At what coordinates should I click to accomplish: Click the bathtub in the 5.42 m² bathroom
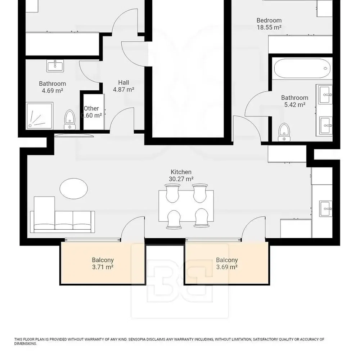(x=302, y=68)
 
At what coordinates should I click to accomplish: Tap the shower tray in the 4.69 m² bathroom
(x=40, y=116)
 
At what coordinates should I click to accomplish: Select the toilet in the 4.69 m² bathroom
(x=69, y=120)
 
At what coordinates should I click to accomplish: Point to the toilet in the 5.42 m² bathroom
(x=284, y=132)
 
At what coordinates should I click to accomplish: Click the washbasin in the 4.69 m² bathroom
(x=55, y=66)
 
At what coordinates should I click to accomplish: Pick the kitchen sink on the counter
(x=326, y=208)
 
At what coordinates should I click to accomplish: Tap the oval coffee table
(x=73, y=189)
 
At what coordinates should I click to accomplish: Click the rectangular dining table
(x=186, y=206)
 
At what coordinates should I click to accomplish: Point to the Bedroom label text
(x=269, y=20)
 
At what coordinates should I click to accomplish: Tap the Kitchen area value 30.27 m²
(x=181, y=179)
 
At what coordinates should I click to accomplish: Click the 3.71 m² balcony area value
(x=103, y=267)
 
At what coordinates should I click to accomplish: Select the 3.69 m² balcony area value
(x=227, y=267)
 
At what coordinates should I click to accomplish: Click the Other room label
(x=91, y=108)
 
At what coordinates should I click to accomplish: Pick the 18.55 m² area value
(x=269, y=27)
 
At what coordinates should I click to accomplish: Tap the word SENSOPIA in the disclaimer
(x=137, y=339)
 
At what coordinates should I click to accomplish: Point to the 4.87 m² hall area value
(x=123, y=89)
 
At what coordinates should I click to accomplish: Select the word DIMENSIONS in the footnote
(x=25, y=344)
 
